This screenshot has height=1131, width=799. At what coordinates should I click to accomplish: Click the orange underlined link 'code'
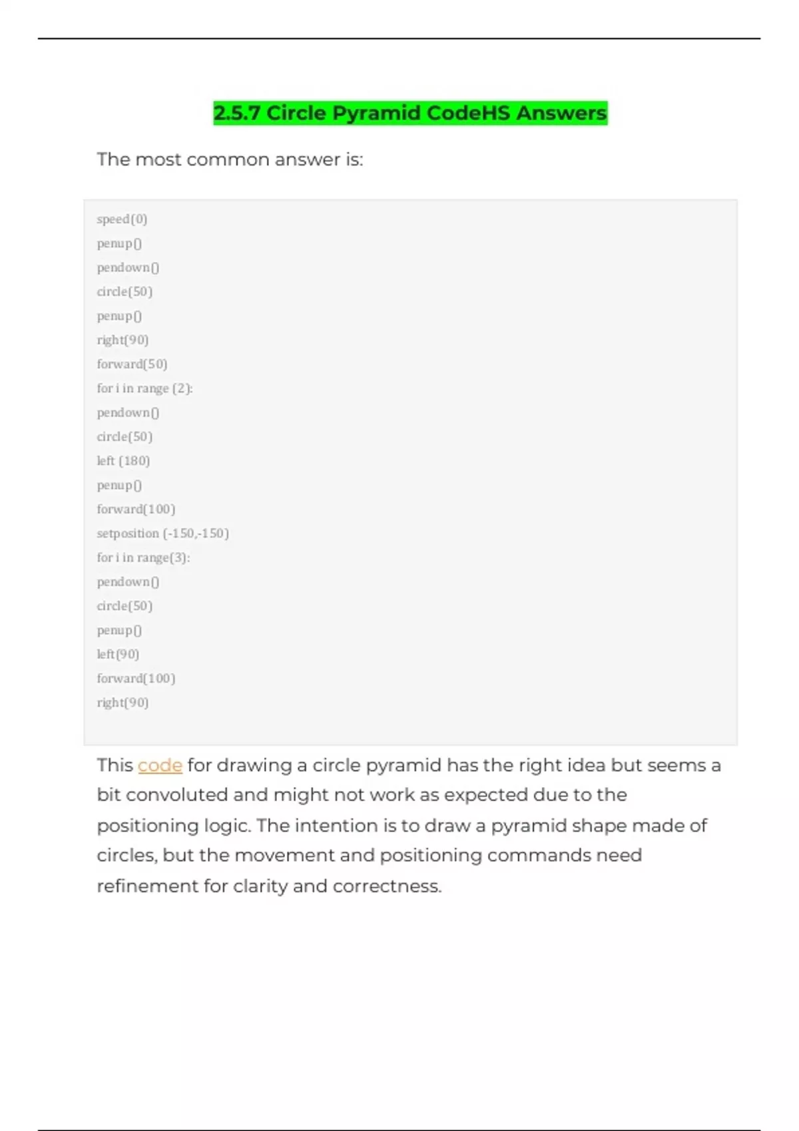(160, 766)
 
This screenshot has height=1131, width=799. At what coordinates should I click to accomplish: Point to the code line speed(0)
(122, 219)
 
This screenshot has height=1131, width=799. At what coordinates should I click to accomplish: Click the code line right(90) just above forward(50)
(123, 340)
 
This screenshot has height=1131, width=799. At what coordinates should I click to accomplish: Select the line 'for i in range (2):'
(144, 389)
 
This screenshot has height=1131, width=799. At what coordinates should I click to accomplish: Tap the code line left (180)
(123, 461)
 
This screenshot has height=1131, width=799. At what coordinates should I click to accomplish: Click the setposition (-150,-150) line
(162, 534)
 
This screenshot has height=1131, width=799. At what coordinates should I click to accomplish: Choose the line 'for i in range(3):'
(143, 558)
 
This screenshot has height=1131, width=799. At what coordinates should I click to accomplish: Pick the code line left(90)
(118, 655)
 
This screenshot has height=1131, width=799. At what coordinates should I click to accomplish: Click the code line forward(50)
(132, 364)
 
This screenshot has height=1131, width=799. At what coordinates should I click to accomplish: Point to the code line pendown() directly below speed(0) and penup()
(128, 267)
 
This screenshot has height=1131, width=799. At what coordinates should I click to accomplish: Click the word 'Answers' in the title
(561, 113)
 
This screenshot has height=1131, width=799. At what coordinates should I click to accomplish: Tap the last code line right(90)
(123, 703)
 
